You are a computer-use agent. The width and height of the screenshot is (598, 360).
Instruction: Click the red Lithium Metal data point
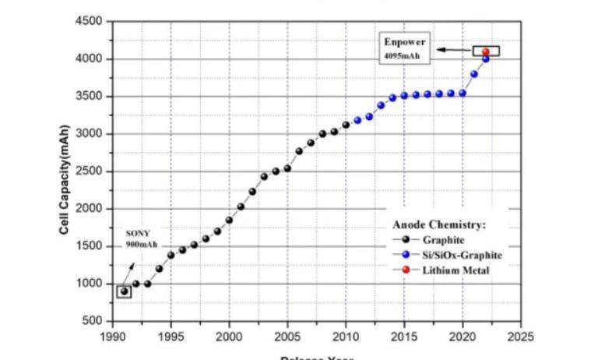pos(486,52)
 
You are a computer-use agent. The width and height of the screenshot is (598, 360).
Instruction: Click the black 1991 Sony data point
pos(124,291)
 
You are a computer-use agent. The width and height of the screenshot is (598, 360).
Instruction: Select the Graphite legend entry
pos(443,239)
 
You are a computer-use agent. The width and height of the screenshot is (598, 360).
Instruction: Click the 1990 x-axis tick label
pos(112,337)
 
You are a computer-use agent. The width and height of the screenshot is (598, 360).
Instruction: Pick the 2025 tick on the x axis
pos(521,337)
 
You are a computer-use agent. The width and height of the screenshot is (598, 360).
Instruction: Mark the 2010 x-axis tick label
pos(346,337)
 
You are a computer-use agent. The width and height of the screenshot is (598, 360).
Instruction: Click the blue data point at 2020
pos(463,93)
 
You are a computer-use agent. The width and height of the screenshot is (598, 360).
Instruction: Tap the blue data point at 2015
pos(404,96)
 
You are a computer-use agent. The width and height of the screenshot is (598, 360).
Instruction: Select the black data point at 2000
pos(229,220)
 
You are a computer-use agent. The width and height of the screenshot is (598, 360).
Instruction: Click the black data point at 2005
pos(287,168)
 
